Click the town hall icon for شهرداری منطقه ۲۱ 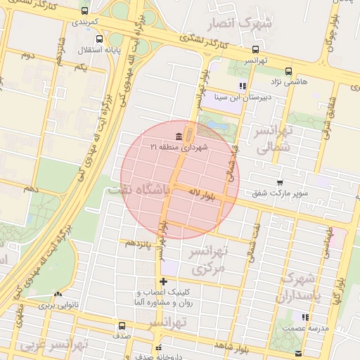pyautogui.click(x=179, y=136)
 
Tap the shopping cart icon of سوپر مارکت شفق pyautogui.click(x=281, y=182)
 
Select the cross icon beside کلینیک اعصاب pyautogui.click(x=164, y=282)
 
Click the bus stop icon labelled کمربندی pyautogui.click(x=85, y=11)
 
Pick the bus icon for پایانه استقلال pyautogui.click(x=99, y=39)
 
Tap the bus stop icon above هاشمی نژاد pyautogui.click(x=288, y=71)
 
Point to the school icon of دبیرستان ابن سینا pyautogui.click(x=243, y=86)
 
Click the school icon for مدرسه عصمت pyautogui.click(x=304, y=317)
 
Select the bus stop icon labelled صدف pyautogui.click(x=122, y=326)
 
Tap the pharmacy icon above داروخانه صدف pyautogui.click(x=159, y=347)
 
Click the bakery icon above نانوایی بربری pyautogui.click(x=58, y=295)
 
